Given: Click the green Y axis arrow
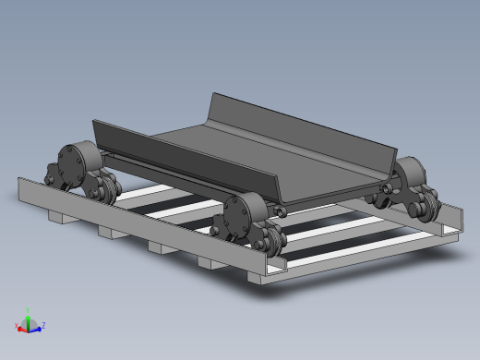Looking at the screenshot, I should [28, 318].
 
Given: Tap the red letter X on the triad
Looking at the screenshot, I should [18, 325].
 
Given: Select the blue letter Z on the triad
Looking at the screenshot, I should [43, 325].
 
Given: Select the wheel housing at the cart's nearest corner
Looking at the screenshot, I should [235, 219].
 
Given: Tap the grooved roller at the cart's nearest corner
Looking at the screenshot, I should [270, 239].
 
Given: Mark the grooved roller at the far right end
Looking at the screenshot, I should [426, 204].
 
